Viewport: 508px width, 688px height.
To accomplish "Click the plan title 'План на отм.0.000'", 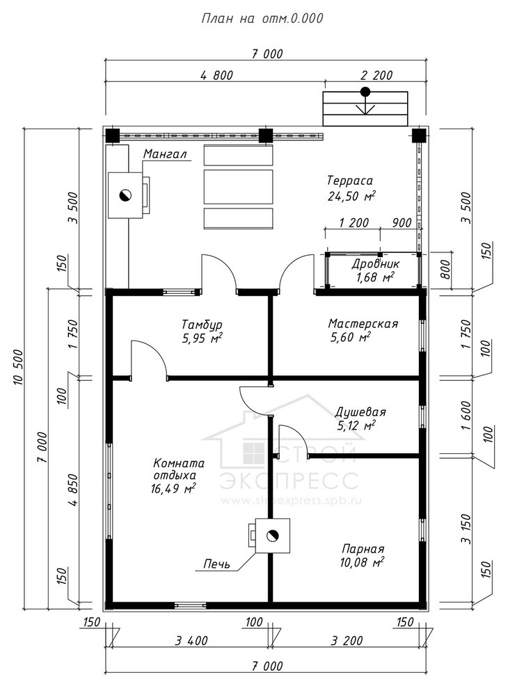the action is pos(262,18).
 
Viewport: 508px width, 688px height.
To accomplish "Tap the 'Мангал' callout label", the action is pos(165,154).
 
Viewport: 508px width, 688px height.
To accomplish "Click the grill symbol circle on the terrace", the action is pos(125,195).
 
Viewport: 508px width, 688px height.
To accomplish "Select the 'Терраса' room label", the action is pos(350,180).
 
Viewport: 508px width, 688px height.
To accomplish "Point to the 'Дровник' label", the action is pos(375,264).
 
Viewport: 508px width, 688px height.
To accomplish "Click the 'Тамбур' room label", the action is pos(202,325).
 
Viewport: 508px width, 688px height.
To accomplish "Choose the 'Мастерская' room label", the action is pos(363,324).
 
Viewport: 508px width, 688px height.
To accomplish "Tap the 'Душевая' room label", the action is pos(360,412).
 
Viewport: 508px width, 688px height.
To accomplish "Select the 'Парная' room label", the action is pos(363,548).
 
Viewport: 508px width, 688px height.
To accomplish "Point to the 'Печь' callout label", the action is pos(216,564).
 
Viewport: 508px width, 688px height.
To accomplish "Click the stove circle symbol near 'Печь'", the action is pos(273,535).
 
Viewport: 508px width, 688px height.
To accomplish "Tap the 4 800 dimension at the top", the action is pos(216,75).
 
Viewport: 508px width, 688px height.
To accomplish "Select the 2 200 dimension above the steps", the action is pos(376,75).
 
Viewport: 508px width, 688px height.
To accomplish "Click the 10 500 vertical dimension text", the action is pos(18,367).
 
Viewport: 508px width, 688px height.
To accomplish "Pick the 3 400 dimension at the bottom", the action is pos(191,641).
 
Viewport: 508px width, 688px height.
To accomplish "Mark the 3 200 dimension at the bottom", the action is pos(347,641).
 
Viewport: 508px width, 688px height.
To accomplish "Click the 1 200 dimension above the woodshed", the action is pos(354,223).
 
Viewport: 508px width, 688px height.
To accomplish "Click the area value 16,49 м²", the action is pos(173,489).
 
